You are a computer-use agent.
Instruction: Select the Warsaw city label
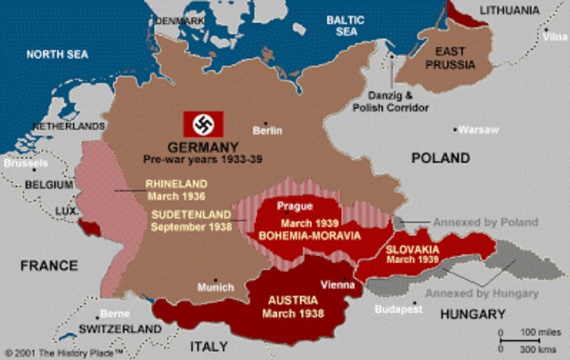coord(478,129)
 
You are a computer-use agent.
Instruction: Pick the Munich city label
coord(217,288)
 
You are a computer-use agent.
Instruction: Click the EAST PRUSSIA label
coord(450,58)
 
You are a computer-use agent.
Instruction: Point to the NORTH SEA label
coord(57,54)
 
